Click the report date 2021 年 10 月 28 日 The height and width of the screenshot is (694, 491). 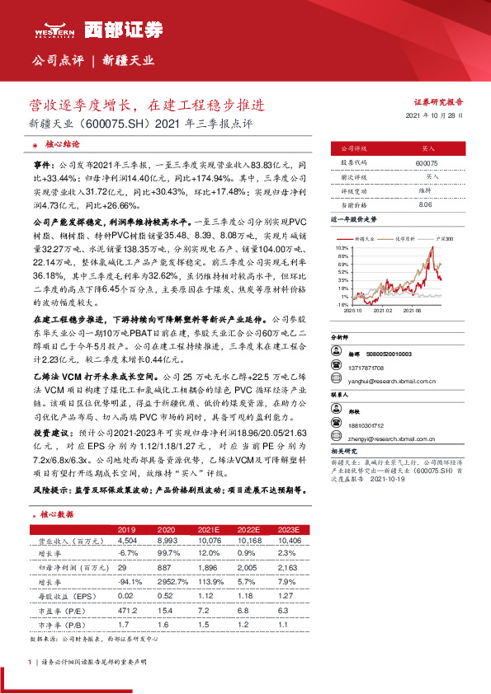tap(435, 115)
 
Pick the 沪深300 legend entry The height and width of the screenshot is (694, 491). tap(445, 237)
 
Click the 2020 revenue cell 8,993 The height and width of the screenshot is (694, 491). tap(167, 541)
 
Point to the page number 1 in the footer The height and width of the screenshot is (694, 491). tap(31, 662)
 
